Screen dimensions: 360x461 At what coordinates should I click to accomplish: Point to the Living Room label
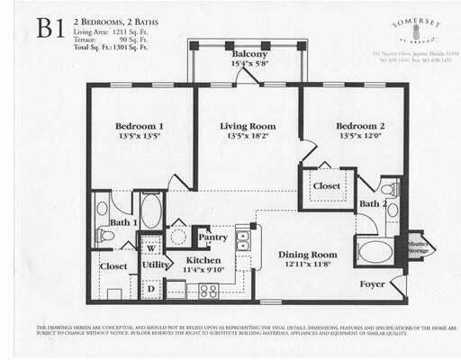(247, 126)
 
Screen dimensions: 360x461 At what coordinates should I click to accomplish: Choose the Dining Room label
(306, 255)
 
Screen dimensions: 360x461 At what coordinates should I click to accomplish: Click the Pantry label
(212, 237)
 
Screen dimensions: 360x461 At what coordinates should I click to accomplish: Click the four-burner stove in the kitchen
(209, 290)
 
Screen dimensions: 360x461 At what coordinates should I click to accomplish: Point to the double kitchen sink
(243, 239)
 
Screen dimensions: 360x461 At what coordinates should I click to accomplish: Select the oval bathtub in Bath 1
(150, 212)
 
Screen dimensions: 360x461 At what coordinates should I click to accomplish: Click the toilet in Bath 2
(389, 191)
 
